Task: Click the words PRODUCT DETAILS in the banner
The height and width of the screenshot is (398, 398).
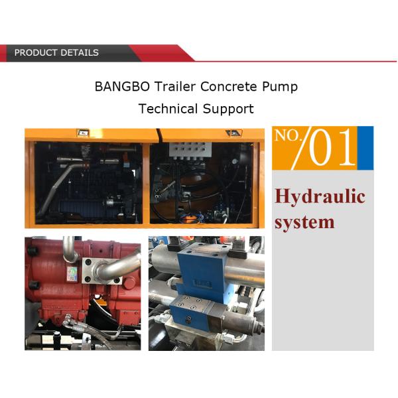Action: click(x=56, y=52)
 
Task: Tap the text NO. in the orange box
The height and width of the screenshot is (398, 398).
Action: click(x=288, y=137)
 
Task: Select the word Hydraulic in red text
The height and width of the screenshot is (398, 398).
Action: click(x=320, y=196)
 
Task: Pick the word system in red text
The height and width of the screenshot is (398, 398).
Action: click(x=304, y=222)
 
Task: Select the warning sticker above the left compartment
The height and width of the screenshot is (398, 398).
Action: click(x=82, y=132)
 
